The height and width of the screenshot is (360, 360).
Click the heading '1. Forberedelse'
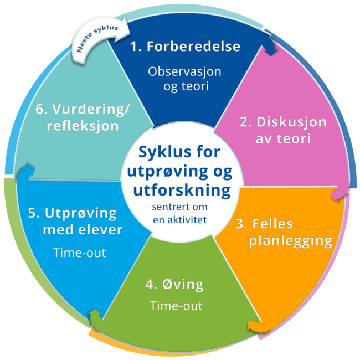click(186, 46)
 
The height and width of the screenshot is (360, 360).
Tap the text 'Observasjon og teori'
click(185, 79)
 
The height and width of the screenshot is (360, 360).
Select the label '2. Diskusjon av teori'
click(282, 130)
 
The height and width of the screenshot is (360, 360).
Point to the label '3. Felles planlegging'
click(282, 233)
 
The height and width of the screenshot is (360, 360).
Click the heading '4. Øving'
click(174, 285)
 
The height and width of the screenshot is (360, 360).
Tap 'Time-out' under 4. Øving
click(176, 306)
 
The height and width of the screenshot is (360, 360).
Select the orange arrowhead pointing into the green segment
click(254, 325)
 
